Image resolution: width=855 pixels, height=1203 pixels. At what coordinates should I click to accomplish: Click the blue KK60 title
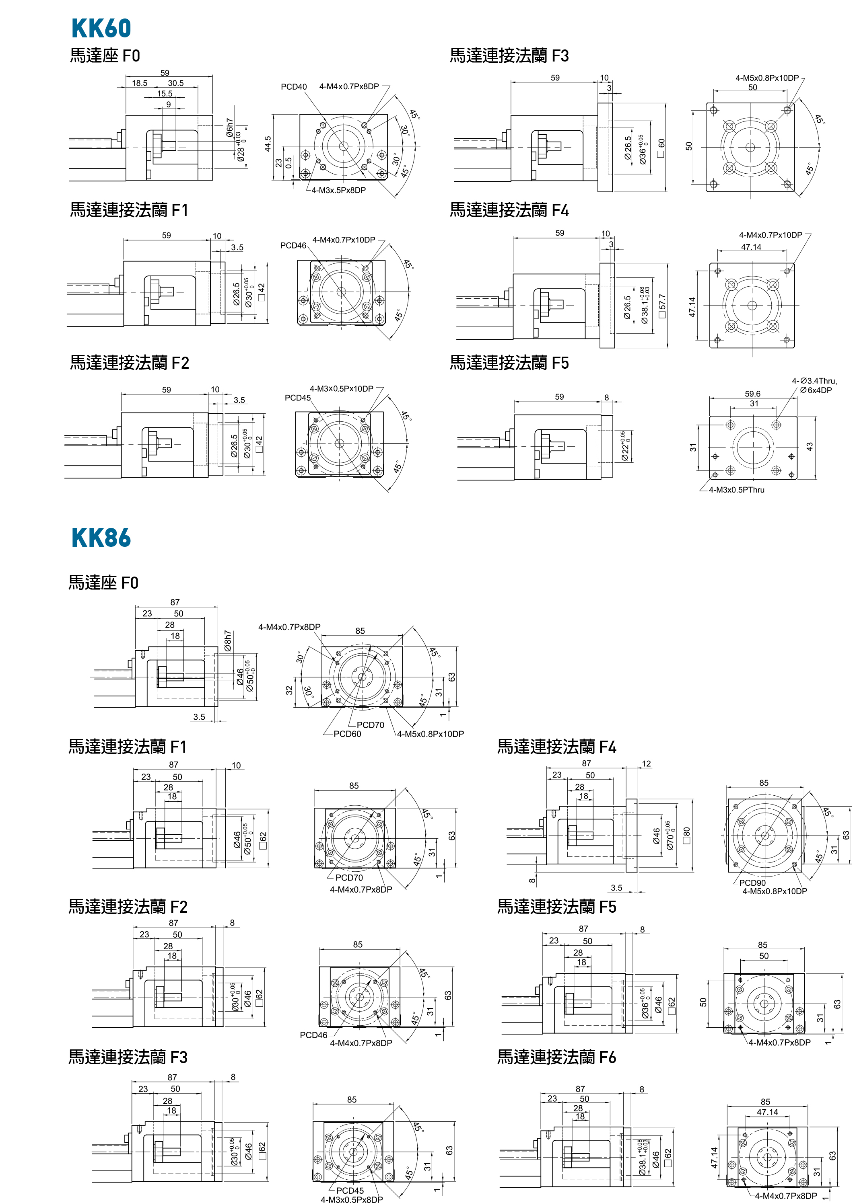(101, 29)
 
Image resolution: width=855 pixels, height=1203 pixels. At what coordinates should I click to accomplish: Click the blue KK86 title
(101, 538)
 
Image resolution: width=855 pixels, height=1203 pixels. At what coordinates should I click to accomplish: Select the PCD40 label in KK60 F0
(293, 87)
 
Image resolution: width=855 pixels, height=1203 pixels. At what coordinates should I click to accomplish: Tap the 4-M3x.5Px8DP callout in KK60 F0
(338, 191)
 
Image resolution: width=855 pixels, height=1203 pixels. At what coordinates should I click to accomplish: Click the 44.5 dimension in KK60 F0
(268, 144)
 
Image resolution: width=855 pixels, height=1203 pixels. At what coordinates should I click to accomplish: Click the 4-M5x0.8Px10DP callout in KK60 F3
(766, 78)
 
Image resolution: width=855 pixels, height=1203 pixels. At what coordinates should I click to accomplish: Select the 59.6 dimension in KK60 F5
(752, 394)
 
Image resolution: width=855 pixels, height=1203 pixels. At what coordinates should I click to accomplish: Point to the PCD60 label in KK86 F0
(347, 734)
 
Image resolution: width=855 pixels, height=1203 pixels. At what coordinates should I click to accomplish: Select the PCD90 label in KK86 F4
(752, 883)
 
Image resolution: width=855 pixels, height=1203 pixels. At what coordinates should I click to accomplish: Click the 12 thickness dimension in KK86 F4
(646, 764)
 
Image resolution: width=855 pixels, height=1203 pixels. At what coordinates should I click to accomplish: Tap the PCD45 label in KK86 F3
(350, 1191)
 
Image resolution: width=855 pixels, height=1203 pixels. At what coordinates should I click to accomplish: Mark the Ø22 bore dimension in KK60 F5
(625, 446)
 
